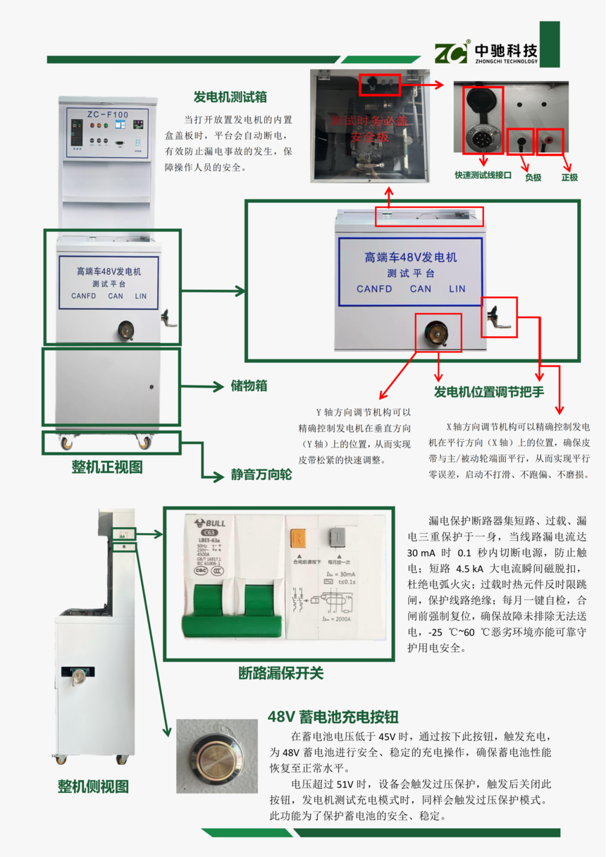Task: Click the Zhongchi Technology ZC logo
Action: (x=450, y=53)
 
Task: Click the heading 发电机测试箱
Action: (x=230, y=97)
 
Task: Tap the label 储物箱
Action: (x=249, y=386)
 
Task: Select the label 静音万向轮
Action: (x=261, y=475)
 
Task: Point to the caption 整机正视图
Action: (x=107, y=467)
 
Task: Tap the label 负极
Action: (x=533, y=178)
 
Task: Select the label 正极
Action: (x=569, y=178)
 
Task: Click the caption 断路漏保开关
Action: (x=280, y=673)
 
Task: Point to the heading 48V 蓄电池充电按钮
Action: (x=333, y=717)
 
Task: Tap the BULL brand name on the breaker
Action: (x=215, y=523)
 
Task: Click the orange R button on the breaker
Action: (x=297, y=538)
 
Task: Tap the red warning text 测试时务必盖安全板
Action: (x=369, y=129)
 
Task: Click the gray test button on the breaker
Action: (x=336, y=535)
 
